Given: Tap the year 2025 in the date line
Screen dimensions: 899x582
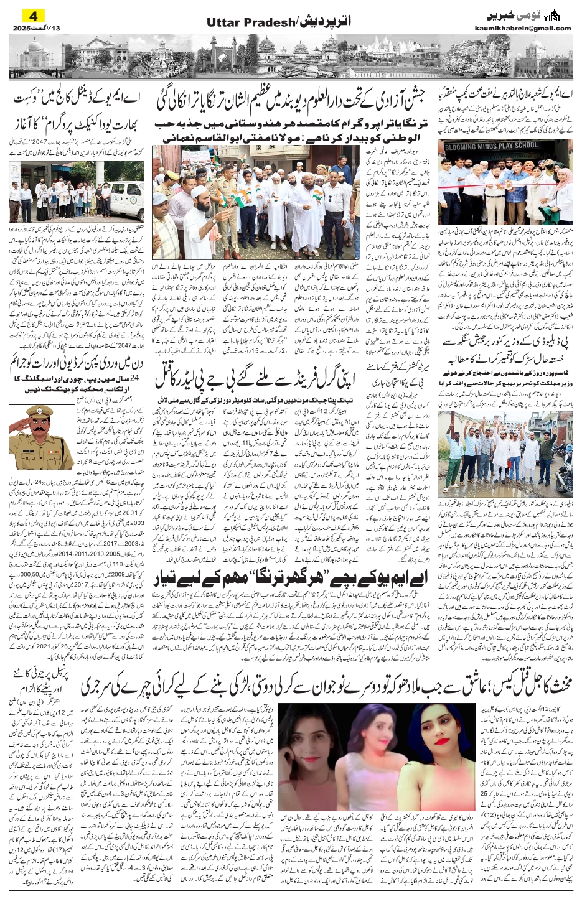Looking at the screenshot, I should [21, 28].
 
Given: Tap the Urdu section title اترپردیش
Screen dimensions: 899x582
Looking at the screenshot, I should [327, 22].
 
